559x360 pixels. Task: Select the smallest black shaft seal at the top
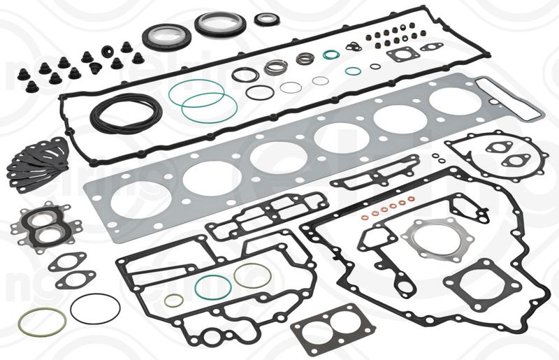266,19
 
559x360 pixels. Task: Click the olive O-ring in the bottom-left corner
43,321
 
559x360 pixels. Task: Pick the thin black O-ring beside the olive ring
95,308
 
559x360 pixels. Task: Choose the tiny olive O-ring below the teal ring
173,300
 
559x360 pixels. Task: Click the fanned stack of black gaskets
38,160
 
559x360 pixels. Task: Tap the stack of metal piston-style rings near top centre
277,67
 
